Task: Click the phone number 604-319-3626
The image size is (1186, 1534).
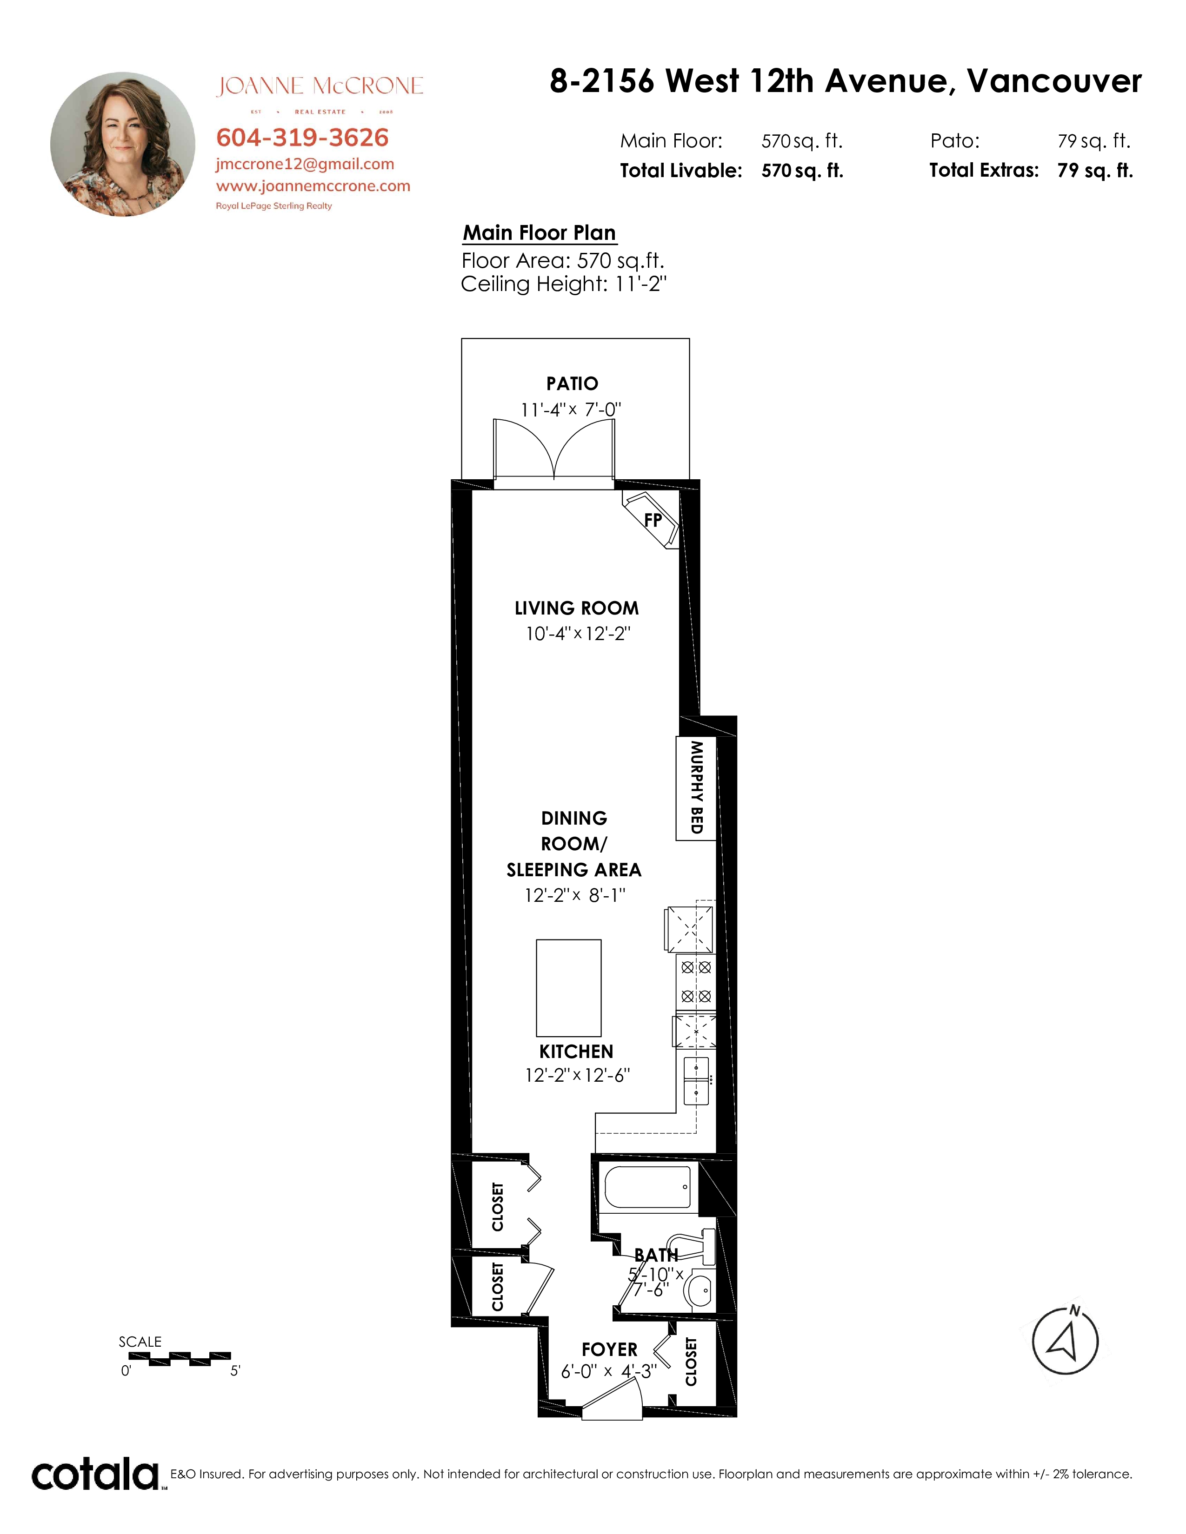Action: [x=302, y=138]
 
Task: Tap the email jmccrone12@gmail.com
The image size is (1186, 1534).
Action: [x=305, y=165]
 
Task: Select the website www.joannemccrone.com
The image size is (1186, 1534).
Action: [x=313, y=186]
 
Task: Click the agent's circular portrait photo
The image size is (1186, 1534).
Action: [x=123, y=144]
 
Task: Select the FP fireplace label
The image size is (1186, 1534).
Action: [x=653, y=520]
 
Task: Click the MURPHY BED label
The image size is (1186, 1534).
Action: [x=696, y=787]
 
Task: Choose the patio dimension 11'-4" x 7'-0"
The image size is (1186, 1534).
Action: [x=571, y=410]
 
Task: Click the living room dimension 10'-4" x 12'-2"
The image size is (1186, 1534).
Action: [x=578, y=634]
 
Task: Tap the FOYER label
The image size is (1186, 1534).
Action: [x=609, y=1349]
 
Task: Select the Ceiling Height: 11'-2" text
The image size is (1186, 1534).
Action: [x=564, y=284]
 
